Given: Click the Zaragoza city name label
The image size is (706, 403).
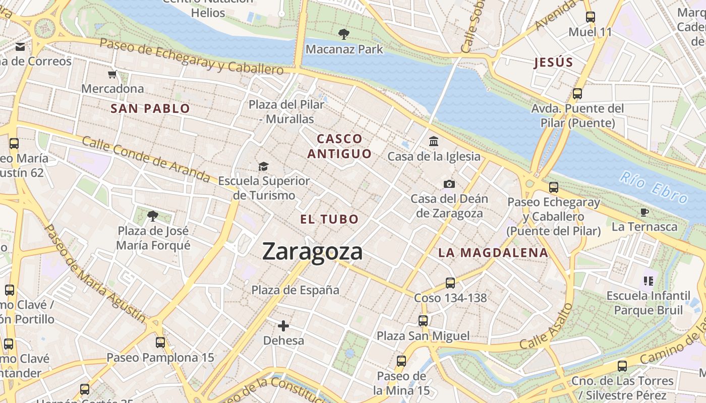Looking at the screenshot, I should click(312, 251).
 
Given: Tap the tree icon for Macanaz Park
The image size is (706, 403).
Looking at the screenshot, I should click(344, 34).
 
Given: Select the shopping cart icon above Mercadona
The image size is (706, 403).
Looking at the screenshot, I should click(112, 74).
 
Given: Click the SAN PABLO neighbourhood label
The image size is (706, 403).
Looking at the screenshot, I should click(150, 108).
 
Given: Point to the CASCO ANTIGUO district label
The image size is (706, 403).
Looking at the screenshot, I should click(339, 146).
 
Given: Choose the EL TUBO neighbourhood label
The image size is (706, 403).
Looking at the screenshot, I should click(329, 219).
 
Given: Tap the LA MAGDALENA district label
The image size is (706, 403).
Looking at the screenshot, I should click(493, 253).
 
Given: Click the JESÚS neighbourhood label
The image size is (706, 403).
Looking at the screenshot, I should click(554, 62).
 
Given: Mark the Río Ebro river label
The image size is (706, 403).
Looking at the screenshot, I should click(653, 187).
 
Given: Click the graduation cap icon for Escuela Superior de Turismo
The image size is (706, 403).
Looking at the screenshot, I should click(263, 166).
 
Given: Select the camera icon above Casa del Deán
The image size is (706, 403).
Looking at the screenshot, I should click(449, 184).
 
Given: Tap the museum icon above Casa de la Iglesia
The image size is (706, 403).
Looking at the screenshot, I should click(434, 142).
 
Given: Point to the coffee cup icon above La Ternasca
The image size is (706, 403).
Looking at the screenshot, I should click(644, 212).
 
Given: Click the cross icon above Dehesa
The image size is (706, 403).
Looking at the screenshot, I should click(283, 326).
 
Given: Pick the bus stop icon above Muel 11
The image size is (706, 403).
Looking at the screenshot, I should click(591, 17).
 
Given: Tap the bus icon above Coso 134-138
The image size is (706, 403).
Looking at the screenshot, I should click(450, 283).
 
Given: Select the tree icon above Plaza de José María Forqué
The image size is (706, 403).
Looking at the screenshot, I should click(153, 216).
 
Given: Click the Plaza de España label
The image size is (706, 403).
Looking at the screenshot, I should click(296, 290).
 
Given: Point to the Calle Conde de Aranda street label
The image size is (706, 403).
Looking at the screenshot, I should click(146, 158).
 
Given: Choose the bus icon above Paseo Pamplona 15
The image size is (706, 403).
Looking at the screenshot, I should click(160, 343).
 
